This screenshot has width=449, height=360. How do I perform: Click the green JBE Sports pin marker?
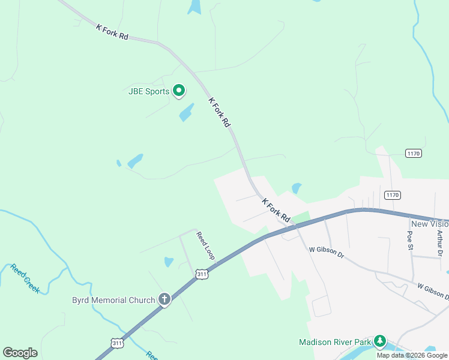(178, 91)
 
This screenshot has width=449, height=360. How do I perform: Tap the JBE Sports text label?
(148, 92)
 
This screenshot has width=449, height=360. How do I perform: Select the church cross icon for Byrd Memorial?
(164, 299)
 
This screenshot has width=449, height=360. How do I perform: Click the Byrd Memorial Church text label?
(113, 300)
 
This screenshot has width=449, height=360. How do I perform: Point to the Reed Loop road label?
(206, 245)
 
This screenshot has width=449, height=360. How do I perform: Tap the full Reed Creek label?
(25, 278)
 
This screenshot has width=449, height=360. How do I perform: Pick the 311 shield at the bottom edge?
(117, 343)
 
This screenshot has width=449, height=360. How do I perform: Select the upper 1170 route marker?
(413, 154)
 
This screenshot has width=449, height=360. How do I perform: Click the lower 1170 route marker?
(393, 195)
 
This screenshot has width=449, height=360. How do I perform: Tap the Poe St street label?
(411, 240)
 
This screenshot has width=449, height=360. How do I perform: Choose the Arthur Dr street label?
(439, 244)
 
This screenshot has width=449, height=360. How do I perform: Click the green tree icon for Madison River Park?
(379, 341)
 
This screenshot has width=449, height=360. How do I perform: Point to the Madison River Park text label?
(336, 342)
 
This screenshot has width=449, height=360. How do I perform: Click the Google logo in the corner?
(20, 353)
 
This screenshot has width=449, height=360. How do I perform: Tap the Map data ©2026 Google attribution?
(412, 355)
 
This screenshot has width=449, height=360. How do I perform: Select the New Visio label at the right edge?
(430, 224)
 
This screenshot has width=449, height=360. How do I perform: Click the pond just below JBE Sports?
(186, 112)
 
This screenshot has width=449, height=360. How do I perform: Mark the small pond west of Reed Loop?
(169, 262)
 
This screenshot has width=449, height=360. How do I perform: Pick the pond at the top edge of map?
(194, 7)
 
